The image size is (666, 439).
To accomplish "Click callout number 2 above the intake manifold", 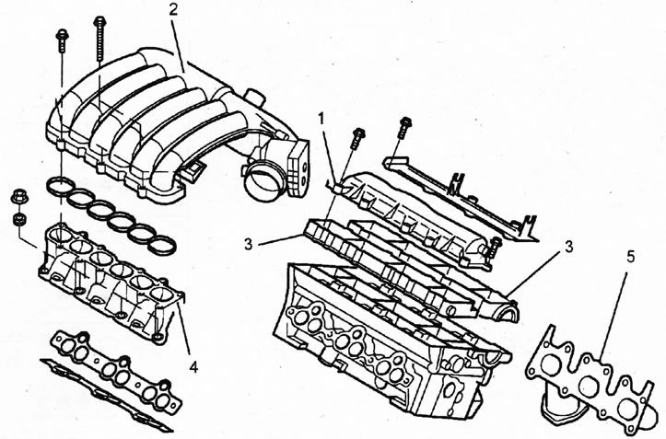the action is coord(173,11).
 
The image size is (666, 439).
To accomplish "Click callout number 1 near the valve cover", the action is coord(321,120).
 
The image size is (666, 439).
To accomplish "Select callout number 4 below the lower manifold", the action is coord(193,366).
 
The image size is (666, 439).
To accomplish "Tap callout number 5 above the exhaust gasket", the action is coord(631,257).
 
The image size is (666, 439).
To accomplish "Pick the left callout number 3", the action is coord(249,244).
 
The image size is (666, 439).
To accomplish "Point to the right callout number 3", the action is coord(568,247).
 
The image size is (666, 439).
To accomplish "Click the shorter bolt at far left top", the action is coord(63,41).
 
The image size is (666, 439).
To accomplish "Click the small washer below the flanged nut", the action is coord(19,219).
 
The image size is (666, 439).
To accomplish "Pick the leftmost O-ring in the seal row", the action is coord(60,186).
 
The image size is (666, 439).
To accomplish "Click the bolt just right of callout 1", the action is coord(357,137).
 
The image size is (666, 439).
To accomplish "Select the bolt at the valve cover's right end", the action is coord(495,247).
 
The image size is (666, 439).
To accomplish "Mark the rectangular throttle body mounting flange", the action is coord(298,169).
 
